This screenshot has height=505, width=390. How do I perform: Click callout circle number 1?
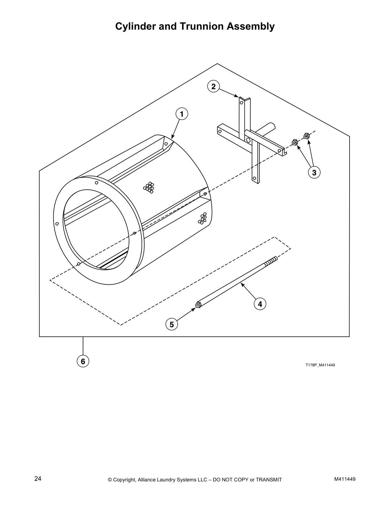click(x=182, y=114)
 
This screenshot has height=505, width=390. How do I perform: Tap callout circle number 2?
click(x=213, y=86)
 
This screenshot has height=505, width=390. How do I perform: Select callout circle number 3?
click(x=314, y=172)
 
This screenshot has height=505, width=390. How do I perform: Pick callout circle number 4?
click(x=260, y=304)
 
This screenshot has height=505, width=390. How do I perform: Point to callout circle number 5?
click(x=172, y=324)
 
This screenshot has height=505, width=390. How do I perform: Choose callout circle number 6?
click(x=83, y=361)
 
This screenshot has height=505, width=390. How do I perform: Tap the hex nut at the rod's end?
click(x=198, y=305)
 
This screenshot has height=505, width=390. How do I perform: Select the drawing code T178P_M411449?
click(x=320, y=365)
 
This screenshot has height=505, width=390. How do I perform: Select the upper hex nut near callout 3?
click(x=307, y=136)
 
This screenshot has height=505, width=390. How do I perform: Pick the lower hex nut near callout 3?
click(x=295, y=142)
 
